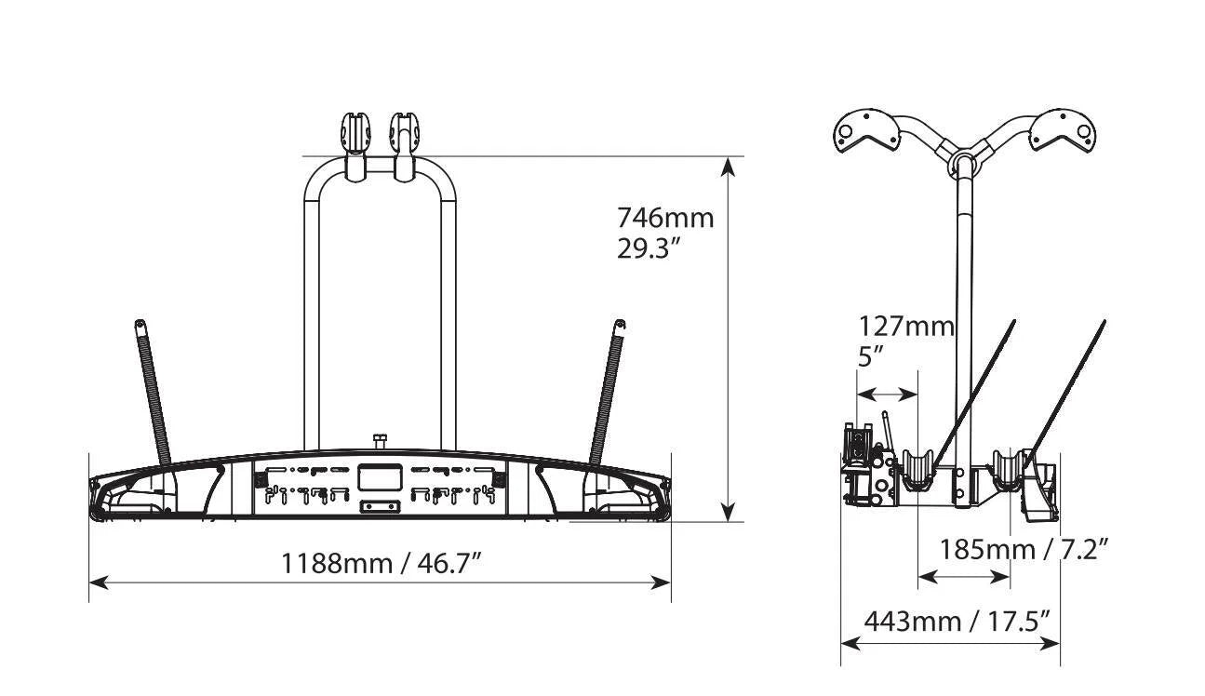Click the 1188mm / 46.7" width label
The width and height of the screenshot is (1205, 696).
[382, 564]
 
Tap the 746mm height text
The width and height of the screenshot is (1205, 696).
[665, 219]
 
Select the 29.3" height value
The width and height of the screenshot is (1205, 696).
[649, 249]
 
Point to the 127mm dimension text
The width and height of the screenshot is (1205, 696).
[906, 327]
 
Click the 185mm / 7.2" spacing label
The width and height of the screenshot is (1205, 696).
[1024, 550]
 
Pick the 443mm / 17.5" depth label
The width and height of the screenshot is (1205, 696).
[957, 622]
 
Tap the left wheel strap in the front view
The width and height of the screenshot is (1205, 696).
[153, 393]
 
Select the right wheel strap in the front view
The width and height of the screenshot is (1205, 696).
[608, 392]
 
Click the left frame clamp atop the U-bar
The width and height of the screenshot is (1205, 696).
[355, 145]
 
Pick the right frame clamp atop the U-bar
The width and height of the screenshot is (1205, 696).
[405, 146]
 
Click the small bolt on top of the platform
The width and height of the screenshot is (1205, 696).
[381, 442]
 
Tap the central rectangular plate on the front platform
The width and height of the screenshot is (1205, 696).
[381, 477]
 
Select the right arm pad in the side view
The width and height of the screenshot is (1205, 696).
[1063, 130]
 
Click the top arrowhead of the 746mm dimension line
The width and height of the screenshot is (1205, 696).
[728, 167]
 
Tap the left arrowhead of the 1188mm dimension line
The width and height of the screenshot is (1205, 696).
[99, 582]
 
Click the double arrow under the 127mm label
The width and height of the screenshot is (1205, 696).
[887, 395]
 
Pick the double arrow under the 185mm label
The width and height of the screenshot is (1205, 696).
[964, 578]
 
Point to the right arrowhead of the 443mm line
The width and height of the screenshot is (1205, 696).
[1051, 643]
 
